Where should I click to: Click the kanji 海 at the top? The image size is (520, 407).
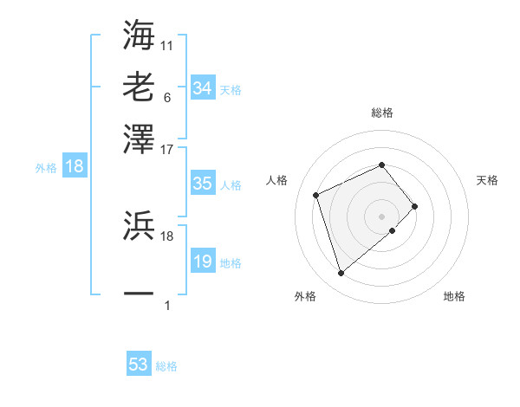[140, 34]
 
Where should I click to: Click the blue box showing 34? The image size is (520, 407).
[203, 88]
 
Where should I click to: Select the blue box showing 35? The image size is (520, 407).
[203, 184]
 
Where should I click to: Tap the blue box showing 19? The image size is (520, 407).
[203, 262]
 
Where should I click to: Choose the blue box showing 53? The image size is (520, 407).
[139, 365]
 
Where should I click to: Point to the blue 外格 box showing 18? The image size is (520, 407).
[75, 167]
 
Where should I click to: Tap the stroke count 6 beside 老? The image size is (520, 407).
[166, 97]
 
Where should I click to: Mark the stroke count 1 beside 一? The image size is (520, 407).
[166, 306]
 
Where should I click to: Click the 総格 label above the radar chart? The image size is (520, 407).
[382, 113]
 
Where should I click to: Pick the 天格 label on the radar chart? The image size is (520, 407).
[487, 180]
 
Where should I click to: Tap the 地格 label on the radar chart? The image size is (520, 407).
[454, 296]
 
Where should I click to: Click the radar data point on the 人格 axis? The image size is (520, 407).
[317, 194]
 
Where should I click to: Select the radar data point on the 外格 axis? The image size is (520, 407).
[341, 274]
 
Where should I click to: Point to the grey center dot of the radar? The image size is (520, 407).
[382, 215]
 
